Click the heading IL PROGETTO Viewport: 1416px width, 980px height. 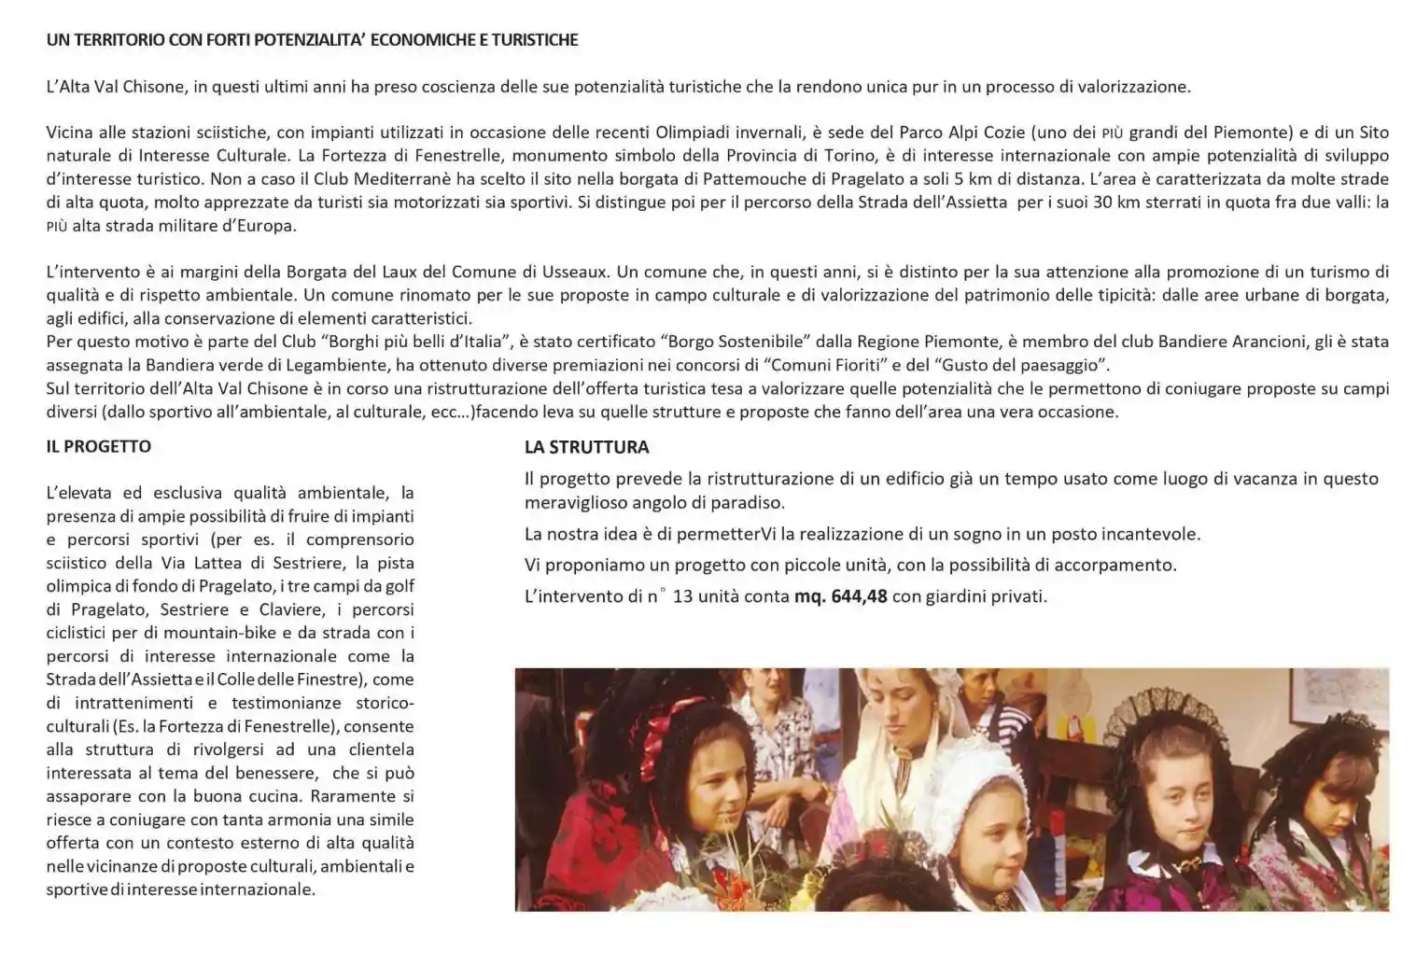tap(98, 446)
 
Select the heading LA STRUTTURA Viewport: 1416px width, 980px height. tap(586, 447)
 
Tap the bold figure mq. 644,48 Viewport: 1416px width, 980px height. tap(840, 596)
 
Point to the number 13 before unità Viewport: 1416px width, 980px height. tap(682, 596)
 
